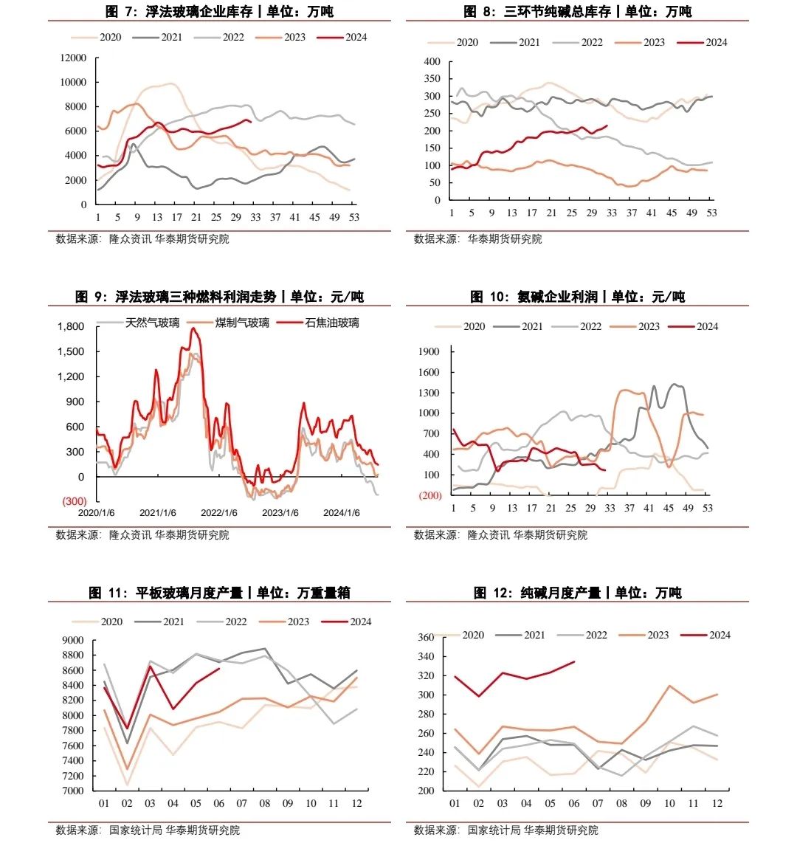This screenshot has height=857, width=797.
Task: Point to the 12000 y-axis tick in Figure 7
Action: (73, 58)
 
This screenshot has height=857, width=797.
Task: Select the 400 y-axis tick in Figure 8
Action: (432, 61)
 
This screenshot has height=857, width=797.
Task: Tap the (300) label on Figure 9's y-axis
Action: (74, 501)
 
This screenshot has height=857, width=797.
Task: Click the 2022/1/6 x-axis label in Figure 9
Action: (218, 513)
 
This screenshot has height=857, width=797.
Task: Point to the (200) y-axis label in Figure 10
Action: (430, 495)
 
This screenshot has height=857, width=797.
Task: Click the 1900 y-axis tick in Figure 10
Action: (429, 351)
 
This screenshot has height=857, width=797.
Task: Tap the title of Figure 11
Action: (219, 593)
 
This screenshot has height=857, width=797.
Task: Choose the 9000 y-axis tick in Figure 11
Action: (73, 640)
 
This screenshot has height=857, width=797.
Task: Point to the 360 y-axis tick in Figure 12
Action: (426, 637)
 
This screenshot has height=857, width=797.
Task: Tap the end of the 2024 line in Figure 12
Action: (574, 661)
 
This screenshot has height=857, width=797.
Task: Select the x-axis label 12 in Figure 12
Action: (717, 803)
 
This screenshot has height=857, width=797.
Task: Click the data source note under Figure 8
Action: (477, 239)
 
